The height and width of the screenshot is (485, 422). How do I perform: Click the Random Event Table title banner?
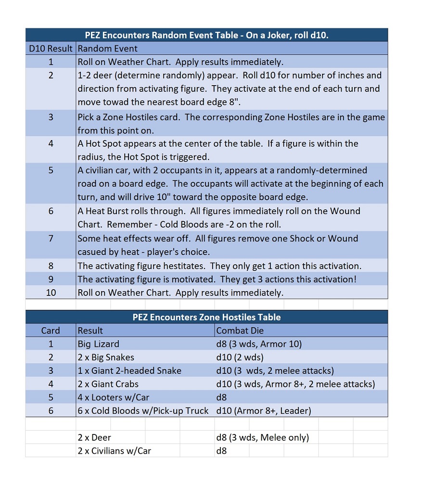(x=206, y=35)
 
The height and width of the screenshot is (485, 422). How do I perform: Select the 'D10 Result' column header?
(x=51, y=49)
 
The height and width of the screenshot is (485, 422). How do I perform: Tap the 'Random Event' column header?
(x=108, y=49)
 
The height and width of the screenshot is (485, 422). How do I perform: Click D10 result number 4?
(x=51, y=143)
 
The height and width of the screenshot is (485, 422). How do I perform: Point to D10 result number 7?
(x=51, y=238)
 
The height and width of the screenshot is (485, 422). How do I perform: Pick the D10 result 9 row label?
(x=51, y=279)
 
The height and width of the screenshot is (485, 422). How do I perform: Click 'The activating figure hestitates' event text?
(x=219, y=266)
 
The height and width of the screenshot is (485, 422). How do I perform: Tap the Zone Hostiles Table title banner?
(x=206, y=317)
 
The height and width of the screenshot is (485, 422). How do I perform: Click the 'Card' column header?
(x=51, y=331)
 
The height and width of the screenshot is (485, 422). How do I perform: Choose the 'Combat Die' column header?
(x=240, y=331)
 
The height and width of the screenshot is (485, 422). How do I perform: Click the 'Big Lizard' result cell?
(x=99, y=344)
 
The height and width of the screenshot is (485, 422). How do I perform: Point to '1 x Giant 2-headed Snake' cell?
(x=129, y=370)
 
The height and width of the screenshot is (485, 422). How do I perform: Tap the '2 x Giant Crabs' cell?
(x=108, y=384)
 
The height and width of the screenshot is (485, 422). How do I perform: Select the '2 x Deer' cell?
(x=94, y=437)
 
